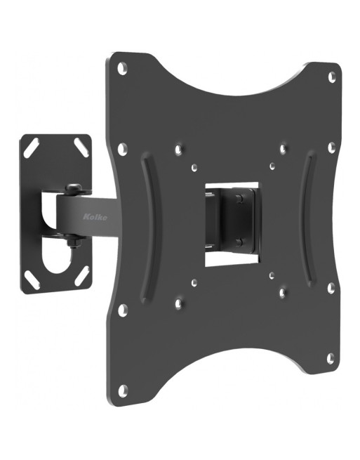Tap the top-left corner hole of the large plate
[x=122, y=68]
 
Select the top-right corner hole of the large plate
[x=332, y=77]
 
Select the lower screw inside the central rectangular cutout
[x=241, y=242]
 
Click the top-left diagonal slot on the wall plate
[x=32, y=149]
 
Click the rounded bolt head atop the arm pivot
[x=72, y=188]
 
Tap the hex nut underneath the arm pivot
[x=72, y=243]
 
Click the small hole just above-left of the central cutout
[x=194, y=169]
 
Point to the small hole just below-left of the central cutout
[x=194, y=283]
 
